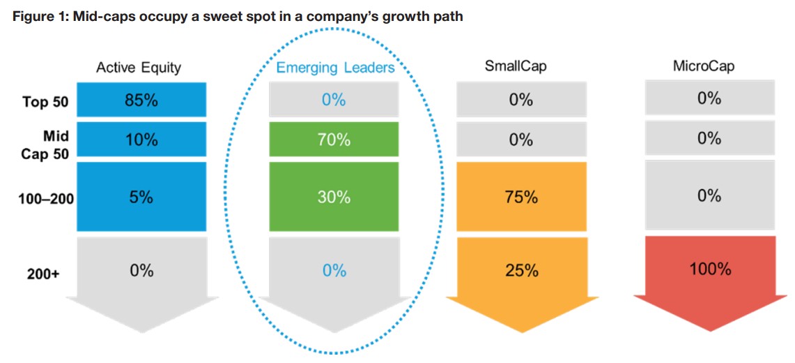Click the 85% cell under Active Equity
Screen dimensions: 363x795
tap(141, 100)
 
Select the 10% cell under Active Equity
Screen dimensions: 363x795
tap(141, 140)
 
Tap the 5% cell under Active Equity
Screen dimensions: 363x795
tap(141, 197)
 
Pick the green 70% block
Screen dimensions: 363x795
tap(334, 140)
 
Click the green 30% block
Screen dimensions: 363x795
tap(334, 197)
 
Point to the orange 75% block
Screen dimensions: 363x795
tap(521, 197)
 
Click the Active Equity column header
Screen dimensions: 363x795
tap(139, 68)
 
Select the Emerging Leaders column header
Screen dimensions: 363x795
tap(335, 68)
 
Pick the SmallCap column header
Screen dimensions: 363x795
tap(515, 67)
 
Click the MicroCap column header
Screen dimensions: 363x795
tap(704, 67)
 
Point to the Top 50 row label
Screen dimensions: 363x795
tap(45, 102)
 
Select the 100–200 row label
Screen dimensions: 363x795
tap(46, 199)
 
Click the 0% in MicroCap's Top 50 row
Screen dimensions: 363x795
tap(709, 98)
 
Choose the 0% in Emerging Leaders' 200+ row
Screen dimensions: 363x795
tap(334, 270)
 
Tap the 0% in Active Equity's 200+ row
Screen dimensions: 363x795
tap(141, 270)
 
